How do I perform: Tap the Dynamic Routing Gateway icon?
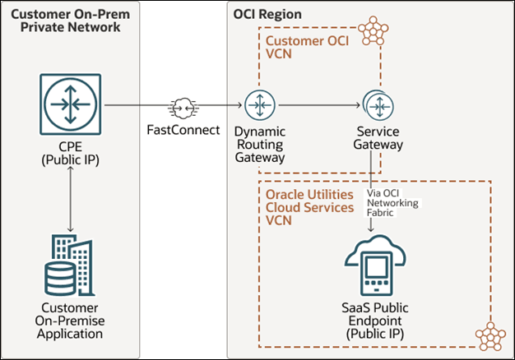pos(260,105)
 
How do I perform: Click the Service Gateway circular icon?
pos(378,105)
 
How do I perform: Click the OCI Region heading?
pos(268,15)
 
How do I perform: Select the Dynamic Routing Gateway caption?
pos(260,144)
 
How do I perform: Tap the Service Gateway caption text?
pos(378,137)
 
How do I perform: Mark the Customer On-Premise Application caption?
pos(70,321)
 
